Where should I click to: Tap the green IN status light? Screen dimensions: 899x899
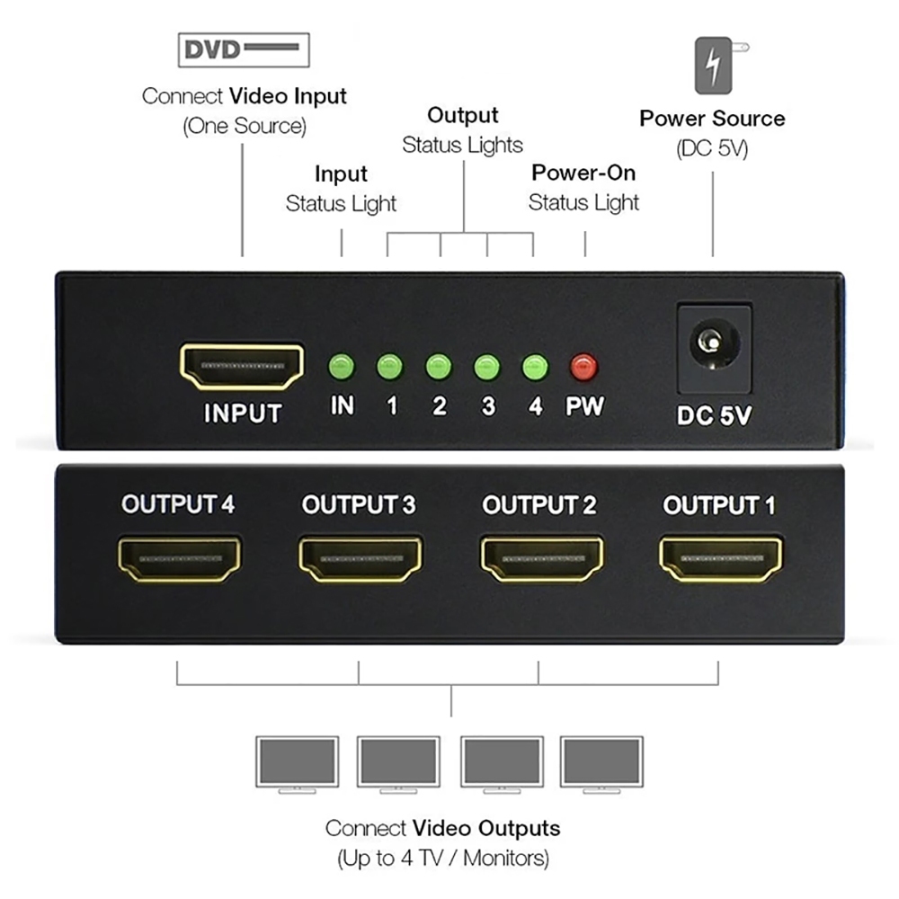343,367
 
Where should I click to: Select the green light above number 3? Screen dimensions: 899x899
487,367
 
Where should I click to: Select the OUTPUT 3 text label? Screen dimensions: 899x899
359,505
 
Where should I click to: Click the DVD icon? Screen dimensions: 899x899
243,49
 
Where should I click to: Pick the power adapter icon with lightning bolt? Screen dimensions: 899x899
716,65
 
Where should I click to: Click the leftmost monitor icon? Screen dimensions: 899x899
297,763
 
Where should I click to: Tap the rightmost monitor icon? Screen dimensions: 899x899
601,763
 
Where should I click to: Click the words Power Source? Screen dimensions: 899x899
712,119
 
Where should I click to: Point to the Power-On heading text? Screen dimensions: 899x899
583,173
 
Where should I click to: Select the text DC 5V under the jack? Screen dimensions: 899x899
713,416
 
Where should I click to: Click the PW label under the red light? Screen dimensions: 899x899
584,406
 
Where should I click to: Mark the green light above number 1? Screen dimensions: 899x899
389,367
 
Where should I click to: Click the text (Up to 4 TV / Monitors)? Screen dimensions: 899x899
443,859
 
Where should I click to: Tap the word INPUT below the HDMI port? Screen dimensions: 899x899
243,414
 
